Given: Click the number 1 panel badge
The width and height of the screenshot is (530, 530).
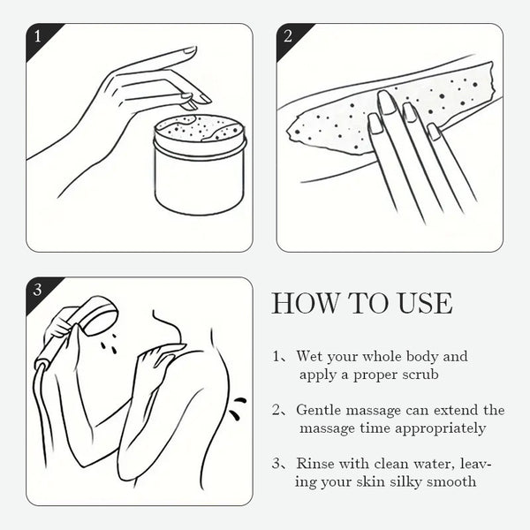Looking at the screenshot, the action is [37, 36].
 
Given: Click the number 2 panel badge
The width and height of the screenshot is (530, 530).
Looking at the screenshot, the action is [288, 36].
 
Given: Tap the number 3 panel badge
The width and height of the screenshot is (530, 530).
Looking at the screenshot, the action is [37, 290].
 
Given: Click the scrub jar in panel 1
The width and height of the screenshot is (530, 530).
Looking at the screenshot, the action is [201, 164].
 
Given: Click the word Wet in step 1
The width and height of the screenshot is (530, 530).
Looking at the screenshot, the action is [309, 356].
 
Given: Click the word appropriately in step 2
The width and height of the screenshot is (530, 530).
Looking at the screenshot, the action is [441, 429].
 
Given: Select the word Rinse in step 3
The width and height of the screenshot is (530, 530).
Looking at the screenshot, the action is [315, 464].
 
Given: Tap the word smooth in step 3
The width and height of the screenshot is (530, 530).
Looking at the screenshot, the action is [451, 481].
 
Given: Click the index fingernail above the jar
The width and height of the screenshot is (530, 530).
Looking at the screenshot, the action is [189, 50].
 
